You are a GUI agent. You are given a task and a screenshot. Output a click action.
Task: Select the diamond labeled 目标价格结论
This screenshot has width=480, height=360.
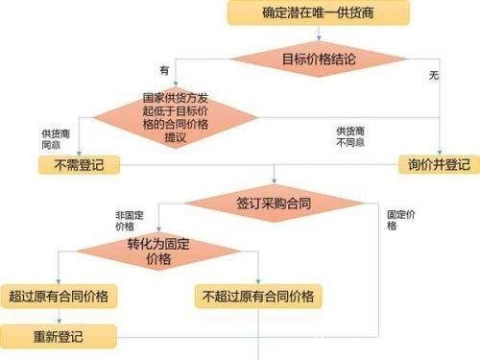[318, 60]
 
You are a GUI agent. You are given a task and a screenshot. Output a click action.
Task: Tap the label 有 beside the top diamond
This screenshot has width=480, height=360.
[164, 70]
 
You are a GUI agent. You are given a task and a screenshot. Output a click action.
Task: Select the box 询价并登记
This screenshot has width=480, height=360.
[438, 164]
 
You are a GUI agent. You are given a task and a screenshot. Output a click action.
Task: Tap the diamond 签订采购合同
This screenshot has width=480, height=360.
[275, 203]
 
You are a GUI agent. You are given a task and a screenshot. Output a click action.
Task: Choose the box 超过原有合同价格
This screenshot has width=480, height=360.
[60, 296]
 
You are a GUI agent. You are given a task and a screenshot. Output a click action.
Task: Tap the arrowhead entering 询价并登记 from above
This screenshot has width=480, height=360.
[438, 151]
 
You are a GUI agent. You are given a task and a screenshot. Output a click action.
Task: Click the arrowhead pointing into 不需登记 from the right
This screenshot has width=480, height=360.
[122, 164]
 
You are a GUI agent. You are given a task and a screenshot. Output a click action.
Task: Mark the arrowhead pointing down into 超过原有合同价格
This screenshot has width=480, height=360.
[60, 280]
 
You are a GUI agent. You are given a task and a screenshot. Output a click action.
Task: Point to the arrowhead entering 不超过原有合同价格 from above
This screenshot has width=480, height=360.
[259, 280]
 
